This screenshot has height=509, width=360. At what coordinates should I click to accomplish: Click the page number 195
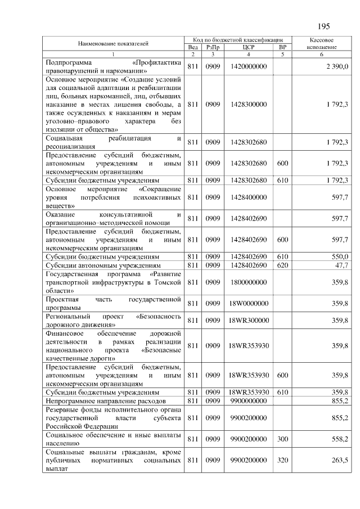pos(323,26)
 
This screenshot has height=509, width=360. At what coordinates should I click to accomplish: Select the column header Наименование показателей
pos(113,43)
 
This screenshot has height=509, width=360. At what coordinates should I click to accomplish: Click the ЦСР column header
pos(248,48)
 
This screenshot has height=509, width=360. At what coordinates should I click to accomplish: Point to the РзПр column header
pos(213,48)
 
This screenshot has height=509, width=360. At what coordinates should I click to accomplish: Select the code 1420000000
pos(248,67)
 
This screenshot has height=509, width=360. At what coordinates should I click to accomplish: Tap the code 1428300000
pos(248,104)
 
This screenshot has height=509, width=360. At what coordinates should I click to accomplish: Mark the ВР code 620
pos(282,264)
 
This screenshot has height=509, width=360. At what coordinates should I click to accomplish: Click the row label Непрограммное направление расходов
pos(105,401)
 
